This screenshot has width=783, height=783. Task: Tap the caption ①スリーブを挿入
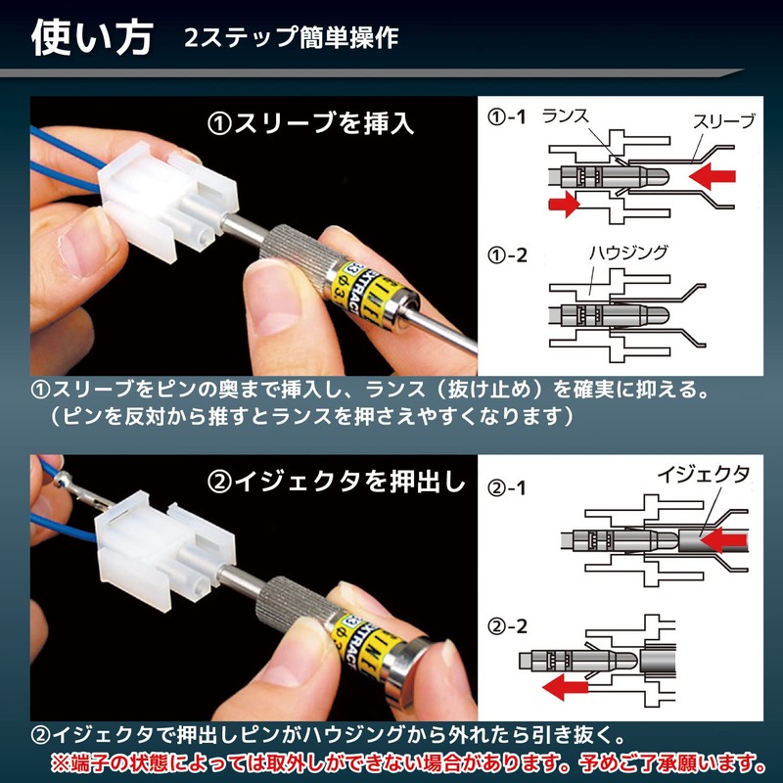coord(310,124)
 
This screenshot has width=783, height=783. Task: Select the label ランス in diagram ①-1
coord(565,115)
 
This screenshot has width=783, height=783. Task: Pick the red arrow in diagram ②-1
coord(725,537)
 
